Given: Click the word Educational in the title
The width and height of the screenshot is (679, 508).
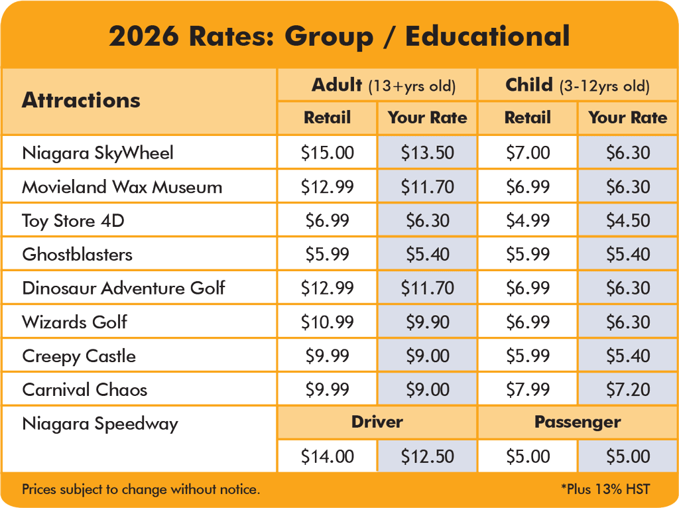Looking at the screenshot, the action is pos(487,36).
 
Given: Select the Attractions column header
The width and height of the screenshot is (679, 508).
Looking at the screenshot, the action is pos(81,100).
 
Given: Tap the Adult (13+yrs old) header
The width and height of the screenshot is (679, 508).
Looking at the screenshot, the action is pos(384,85).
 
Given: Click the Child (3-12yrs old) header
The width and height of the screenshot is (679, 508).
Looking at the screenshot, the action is pos(578,85).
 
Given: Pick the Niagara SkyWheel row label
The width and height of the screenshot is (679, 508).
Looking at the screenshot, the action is pos(98,153).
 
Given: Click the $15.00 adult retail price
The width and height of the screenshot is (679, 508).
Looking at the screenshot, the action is pos(328,153).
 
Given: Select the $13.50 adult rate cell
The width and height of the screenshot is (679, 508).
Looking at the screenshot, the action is pos(428,153).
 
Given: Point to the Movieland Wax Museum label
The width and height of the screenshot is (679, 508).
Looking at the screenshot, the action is pos(122,186).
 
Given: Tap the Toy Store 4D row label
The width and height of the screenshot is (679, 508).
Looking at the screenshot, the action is pos(73,221).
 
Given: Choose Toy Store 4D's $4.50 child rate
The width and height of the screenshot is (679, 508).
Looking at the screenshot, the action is pos(628,220).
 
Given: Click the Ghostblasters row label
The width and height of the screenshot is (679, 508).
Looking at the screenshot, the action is pos(77,254).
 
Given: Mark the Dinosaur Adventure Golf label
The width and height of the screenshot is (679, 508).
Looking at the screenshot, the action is pos(123,288).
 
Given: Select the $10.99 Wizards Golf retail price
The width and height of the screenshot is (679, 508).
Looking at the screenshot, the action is pos(328,322).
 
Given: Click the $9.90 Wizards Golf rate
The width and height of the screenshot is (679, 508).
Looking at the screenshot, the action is pos(428,322).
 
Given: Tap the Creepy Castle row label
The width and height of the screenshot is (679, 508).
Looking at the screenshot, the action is pos(79,356).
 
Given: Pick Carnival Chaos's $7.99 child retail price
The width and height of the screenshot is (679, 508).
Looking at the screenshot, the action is pos(528,389).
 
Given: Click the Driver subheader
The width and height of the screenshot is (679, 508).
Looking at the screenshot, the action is pos(377,422).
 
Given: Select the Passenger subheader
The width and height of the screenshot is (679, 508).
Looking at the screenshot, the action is pos(578,422).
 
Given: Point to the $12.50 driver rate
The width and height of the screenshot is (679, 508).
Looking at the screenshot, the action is pos(428,456).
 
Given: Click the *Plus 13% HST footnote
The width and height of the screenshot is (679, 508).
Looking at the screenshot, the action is pos(605,489).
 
